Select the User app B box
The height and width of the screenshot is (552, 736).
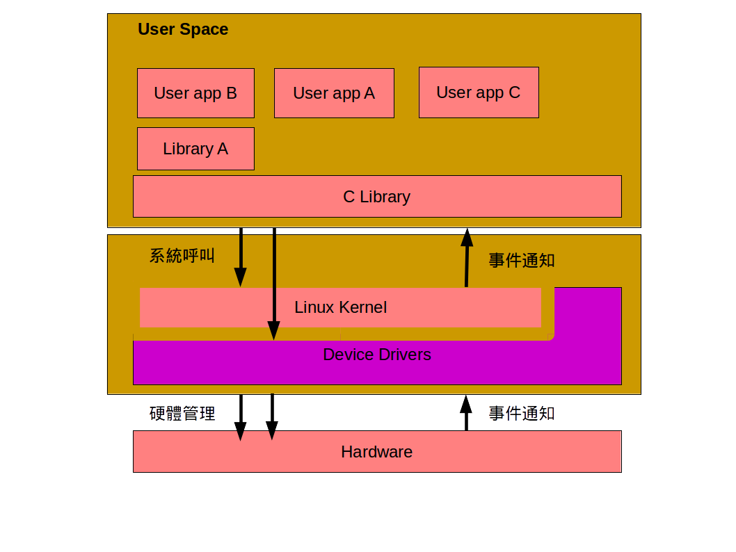click(195, 93)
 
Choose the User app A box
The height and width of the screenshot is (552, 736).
click(334, 93)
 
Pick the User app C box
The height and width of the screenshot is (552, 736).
click(479, 92)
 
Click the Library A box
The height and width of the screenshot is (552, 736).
click(195, 149)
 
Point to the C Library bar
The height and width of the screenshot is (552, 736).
click(377, 197)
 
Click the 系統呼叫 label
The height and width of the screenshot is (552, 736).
click(182, 256)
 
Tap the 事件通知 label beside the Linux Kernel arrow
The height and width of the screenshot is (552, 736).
click(522, 261)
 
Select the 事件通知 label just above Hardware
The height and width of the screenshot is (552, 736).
click(522, 414)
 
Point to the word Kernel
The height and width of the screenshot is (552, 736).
click(362, 307)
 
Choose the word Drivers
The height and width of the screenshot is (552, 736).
click(404, 355)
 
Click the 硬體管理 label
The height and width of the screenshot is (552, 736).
click(182, 414)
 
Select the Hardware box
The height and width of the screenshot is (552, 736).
click(377, 452)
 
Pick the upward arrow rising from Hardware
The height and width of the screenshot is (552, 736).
click(466, 413)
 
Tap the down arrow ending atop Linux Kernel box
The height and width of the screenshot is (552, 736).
click(241, 257)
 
